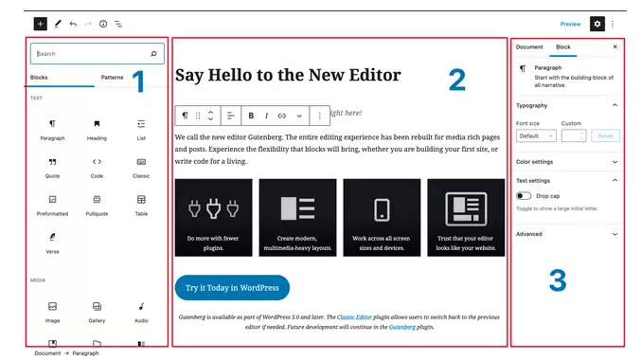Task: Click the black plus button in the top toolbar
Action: pos(40,23)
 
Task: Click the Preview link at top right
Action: pos(570,24)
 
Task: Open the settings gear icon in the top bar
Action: pos(596,24)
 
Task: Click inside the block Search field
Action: pos(90,54)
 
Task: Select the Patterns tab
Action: pos(112,77)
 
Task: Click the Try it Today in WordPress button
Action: pos(232,287)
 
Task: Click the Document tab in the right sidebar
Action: pos(529,46)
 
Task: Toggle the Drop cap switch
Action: pos(525,195)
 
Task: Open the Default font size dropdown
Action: pos(535,135)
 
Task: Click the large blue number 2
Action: pos(456,81)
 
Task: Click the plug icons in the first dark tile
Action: pos(213,209)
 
